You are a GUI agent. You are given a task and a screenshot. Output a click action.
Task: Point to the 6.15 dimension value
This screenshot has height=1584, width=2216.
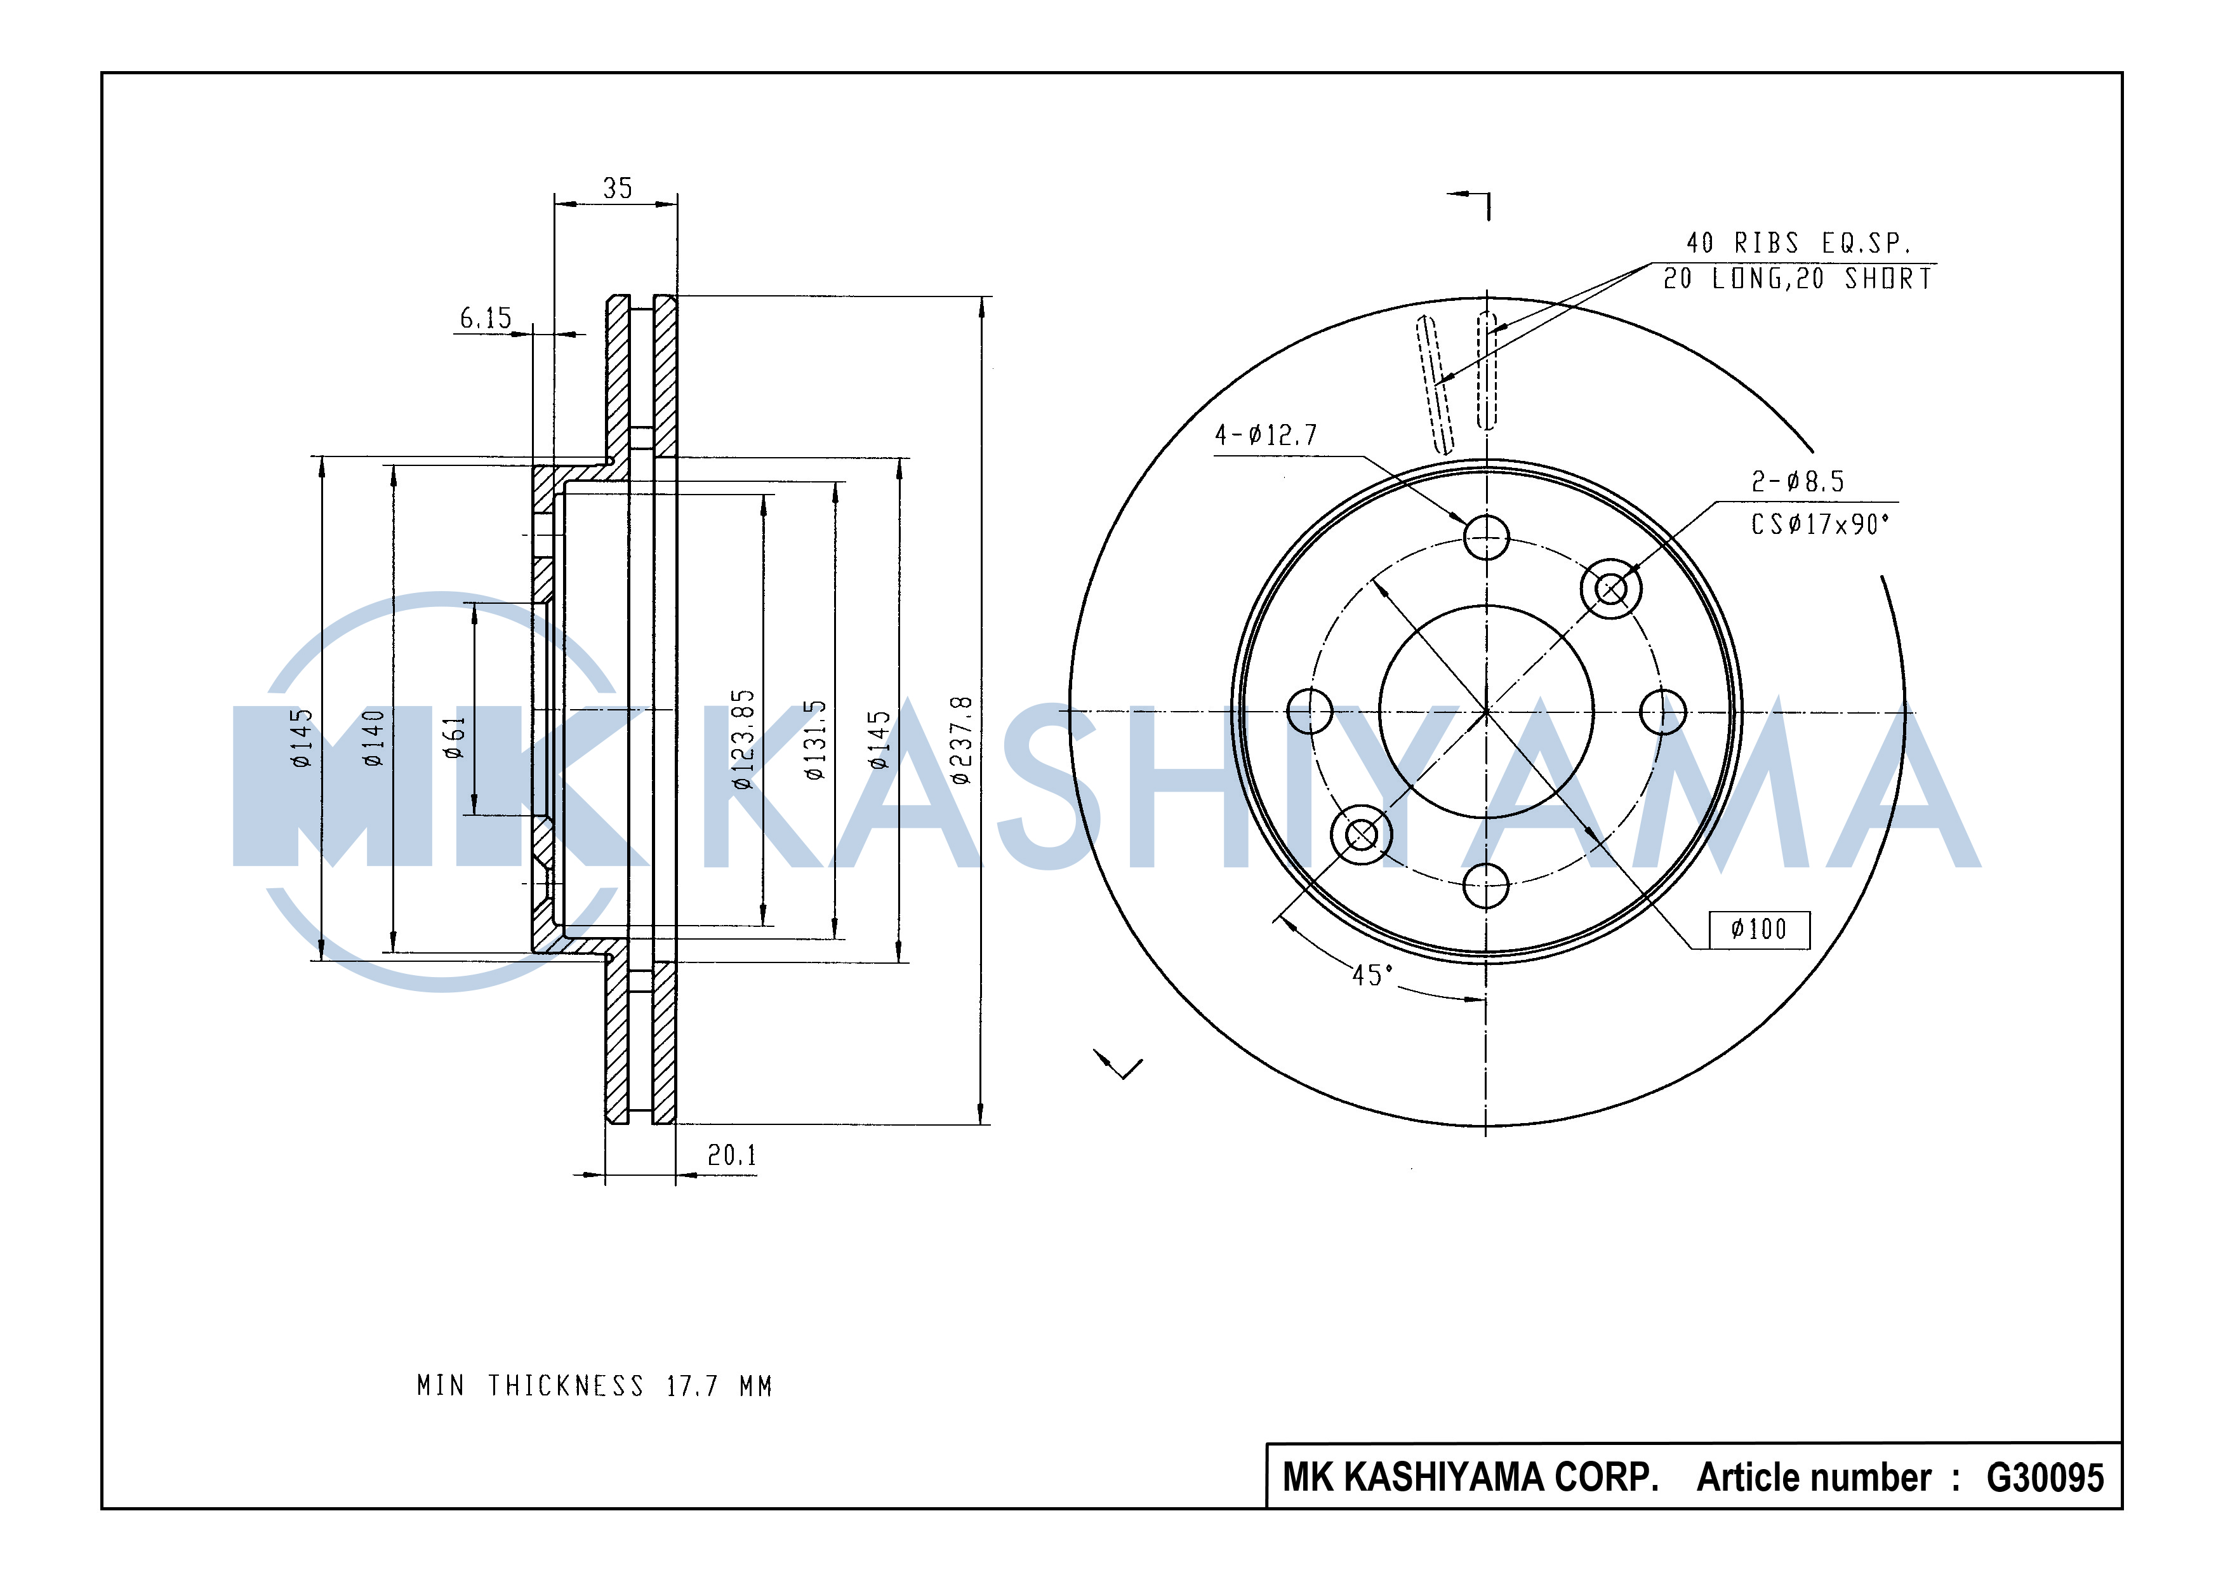point(486,318)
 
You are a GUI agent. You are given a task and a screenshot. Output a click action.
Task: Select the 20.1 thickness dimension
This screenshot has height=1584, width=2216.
point(731,1156)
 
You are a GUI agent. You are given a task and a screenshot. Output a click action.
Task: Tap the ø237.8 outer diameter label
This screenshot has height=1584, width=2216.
point(960,740)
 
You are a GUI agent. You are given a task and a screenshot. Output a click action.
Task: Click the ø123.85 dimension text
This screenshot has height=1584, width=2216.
point(743,740)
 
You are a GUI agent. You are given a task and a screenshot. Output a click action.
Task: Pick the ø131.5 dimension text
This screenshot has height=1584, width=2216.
point(816,740)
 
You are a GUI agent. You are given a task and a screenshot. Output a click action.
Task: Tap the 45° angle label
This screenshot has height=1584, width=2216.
point(1372,975)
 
